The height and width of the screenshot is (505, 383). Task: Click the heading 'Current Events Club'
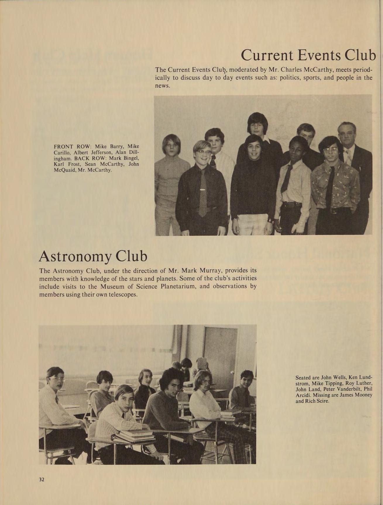click(308, 55)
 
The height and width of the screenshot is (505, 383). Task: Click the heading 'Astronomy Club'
click(93, 256)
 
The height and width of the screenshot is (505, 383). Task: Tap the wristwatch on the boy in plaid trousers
click(269, 219)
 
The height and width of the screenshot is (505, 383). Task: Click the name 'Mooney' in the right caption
click(362, 395)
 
